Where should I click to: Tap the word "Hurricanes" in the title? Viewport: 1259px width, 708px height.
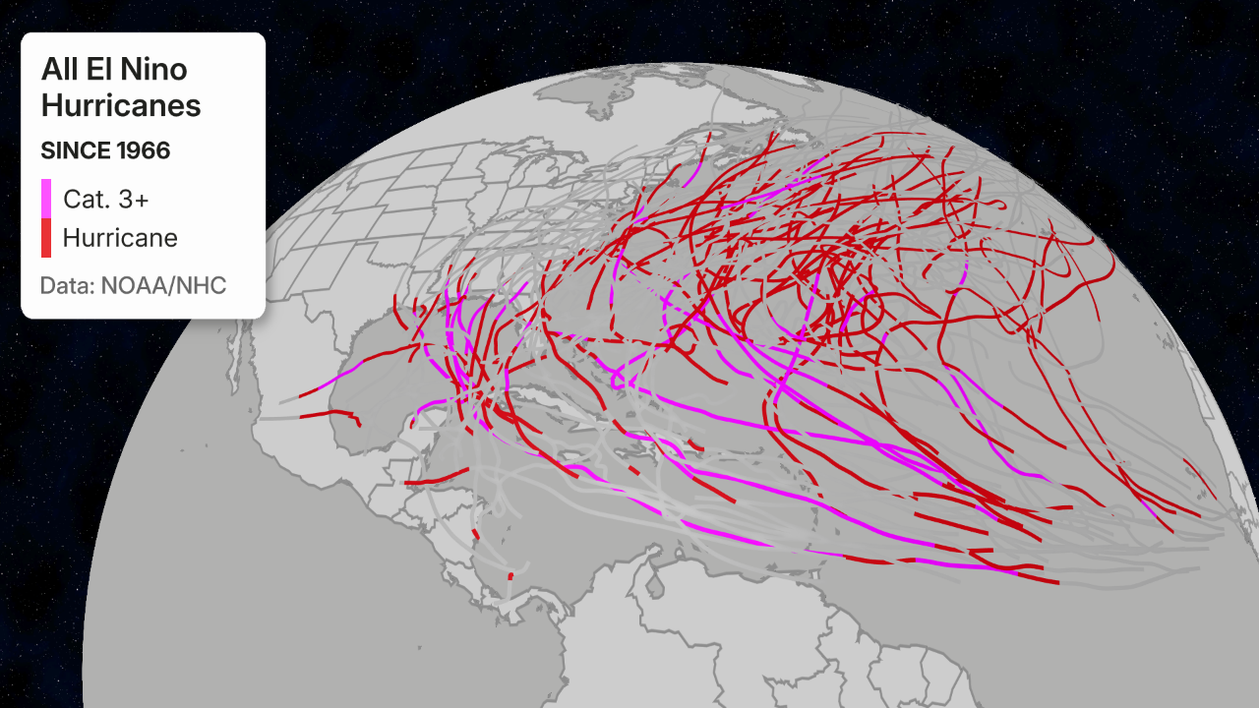pyautogui.click(x=121, y=105)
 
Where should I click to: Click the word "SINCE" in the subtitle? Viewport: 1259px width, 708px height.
pyautogui.click(x=73, y=150)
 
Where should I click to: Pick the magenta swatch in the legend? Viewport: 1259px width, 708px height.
pyautogui.click(x=46, y=198)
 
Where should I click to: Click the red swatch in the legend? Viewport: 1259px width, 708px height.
pyautogui.click(x=46, y=237)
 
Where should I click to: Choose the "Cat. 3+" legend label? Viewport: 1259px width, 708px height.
pyautogui.click(x=106, y=199)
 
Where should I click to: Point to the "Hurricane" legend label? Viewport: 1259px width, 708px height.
pyautogui.click(x=120, y=237)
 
